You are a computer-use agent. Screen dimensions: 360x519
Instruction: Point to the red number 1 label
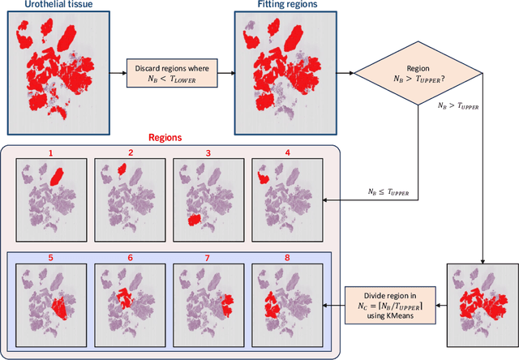(x=50, y=152)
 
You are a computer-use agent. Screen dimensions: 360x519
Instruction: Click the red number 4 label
(x=287, y=152)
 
